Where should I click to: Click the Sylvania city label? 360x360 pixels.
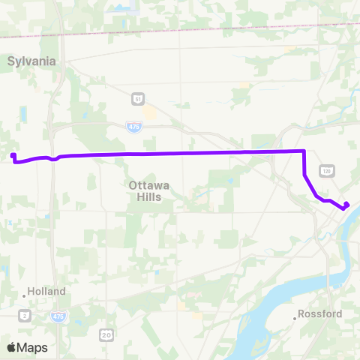[x=32, y=61]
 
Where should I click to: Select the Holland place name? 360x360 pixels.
[x=46, y=291]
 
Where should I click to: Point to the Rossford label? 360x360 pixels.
[x=319, y=313]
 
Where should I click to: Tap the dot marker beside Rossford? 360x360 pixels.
[x=297, y=318]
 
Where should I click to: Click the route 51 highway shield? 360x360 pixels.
[x=137, y=98]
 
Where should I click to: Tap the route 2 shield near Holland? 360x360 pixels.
[x=25, y=314]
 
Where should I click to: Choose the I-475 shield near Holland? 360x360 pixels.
[x=58, y=317]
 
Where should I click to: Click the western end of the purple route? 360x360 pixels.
[x=13, y=156]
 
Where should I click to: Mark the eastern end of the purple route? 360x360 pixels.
[x=347, y=205]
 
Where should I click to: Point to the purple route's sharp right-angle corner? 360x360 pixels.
[x=304, y=151]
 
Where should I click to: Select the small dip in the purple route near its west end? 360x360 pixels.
[x=54, y=158]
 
